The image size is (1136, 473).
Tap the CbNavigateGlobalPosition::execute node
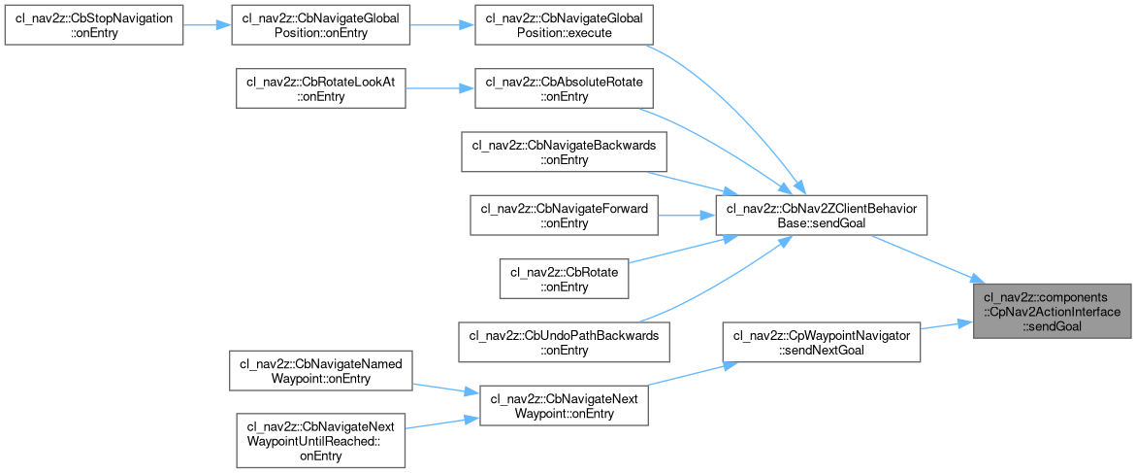[563, 26]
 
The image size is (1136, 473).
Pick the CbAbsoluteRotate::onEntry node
[563, 89]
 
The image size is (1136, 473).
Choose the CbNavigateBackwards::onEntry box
[563, 152]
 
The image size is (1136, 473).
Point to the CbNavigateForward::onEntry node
[563, 216]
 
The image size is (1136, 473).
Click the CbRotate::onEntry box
[563, 279]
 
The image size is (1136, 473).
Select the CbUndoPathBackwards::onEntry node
[563, 342]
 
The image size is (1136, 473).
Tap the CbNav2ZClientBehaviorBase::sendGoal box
[821, 216]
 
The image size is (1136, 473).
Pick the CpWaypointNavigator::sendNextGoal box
[821, 343]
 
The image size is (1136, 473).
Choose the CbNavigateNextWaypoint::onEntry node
[563, 405]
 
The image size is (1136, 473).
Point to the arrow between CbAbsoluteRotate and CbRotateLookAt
[437, 89]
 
